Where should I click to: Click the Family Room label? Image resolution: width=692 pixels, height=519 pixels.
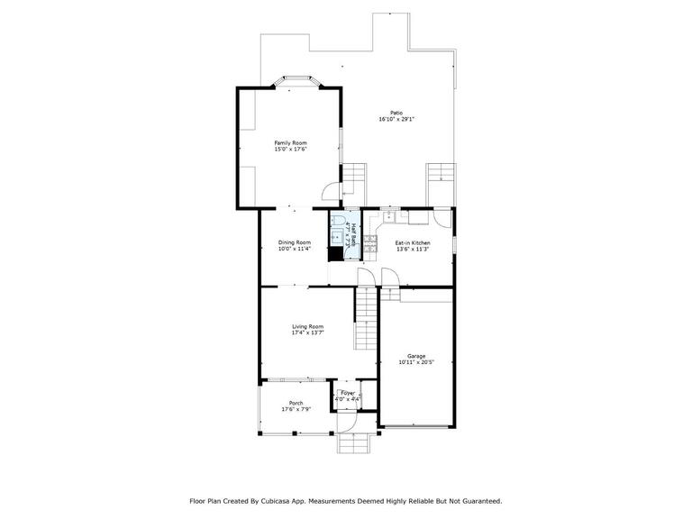(290, 143)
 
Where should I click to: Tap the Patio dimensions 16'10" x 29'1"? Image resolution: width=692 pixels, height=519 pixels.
(396, 119)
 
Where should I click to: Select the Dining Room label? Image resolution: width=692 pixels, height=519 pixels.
(295, 242)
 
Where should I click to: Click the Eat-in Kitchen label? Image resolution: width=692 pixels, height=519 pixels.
(412, 243)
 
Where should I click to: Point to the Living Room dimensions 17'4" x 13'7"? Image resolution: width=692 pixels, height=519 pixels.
(307, 332)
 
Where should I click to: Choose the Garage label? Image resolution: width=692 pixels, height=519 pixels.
(416, 356)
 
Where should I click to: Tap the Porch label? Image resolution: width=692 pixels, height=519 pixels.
(296, 403)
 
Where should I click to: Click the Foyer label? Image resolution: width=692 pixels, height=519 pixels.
(348, 393)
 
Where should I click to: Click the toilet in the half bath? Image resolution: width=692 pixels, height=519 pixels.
(339, 221)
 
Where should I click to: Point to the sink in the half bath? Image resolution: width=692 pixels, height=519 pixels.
(338, 238)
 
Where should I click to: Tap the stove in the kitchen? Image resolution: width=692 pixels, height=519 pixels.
(370, 243)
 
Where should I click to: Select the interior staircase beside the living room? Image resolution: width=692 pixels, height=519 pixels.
(365, 318)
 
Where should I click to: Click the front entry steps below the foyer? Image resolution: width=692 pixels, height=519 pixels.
(352, 443)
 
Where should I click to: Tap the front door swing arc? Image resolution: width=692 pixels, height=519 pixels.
(351, 423)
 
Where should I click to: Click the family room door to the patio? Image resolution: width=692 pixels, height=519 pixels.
(332, 192)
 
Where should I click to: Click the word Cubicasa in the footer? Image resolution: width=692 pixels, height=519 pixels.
(273, 501)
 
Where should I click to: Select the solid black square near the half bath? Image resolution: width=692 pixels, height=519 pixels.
(335, 254)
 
